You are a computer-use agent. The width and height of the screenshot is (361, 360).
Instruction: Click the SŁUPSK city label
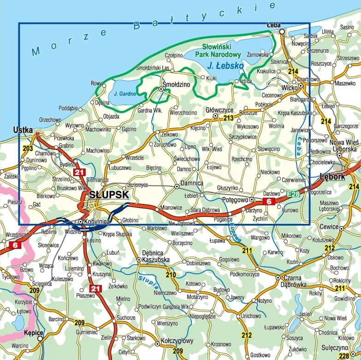point(109,195)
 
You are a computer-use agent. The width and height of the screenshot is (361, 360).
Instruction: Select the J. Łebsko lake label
point(225,66)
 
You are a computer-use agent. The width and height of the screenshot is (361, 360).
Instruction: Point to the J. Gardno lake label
point(124,93)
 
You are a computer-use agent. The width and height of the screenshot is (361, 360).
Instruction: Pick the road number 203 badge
point(27,148)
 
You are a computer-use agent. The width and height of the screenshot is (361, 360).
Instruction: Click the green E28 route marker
point(292,194)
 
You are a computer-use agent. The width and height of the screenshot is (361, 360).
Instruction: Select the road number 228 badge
point(343,355)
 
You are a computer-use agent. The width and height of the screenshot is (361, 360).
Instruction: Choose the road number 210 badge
point(171,275)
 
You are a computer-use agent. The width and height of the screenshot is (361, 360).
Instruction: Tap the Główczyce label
point(219,110)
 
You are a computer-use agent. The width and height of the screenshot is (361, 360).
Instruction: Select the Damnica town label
point(191,183)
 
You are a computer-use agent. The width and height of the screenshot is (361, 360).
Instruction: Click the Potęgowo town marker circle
point(252,199)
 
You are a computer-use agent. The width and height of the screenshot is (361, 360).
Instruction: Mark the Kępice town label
point(34,332)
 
